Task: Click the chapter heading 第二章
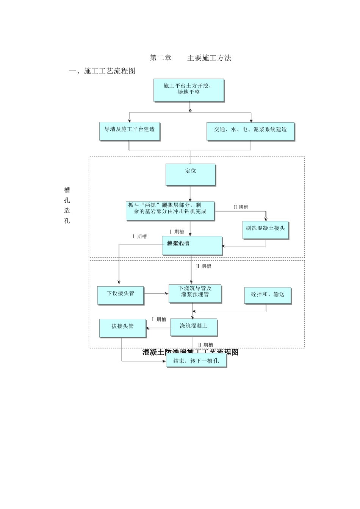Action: pos(161,58)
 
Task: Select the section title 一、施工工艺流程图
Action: pos(102,71)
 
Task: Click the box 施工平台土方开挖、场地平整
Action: pos(189,90)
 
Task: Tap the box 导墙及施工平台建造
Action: pos(130,131)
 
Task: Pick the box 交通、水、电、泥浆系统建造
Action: pos(250,131)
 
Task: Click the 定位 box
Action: pos(190,174)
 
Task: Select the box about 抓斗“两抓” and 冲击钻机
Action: pos(170,211)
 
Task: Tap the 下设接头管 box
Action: pos(120,295)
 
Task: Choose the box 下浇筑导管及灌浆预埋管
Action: pos(195,294)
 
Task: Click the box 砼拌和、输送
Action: pos(268,295)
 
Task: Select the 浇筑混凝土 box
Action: pos(193,327)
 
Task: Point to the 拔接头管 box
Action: pos(122,328)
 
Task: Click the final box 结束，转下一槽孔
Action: pos(196,361)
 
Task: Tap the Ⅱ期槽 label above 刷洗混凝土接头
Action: pos(241,207)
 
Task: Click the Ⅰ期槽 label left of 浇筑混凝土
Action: pos(159,319)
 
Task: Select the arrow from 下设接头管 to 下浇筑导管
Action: pos(156,293)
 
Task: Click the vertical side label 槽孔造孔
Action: pos(67,205)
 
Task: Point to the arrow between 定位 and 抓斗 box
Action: pos(190,193)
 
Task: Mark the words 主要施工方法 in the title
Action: pos(209,58)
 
